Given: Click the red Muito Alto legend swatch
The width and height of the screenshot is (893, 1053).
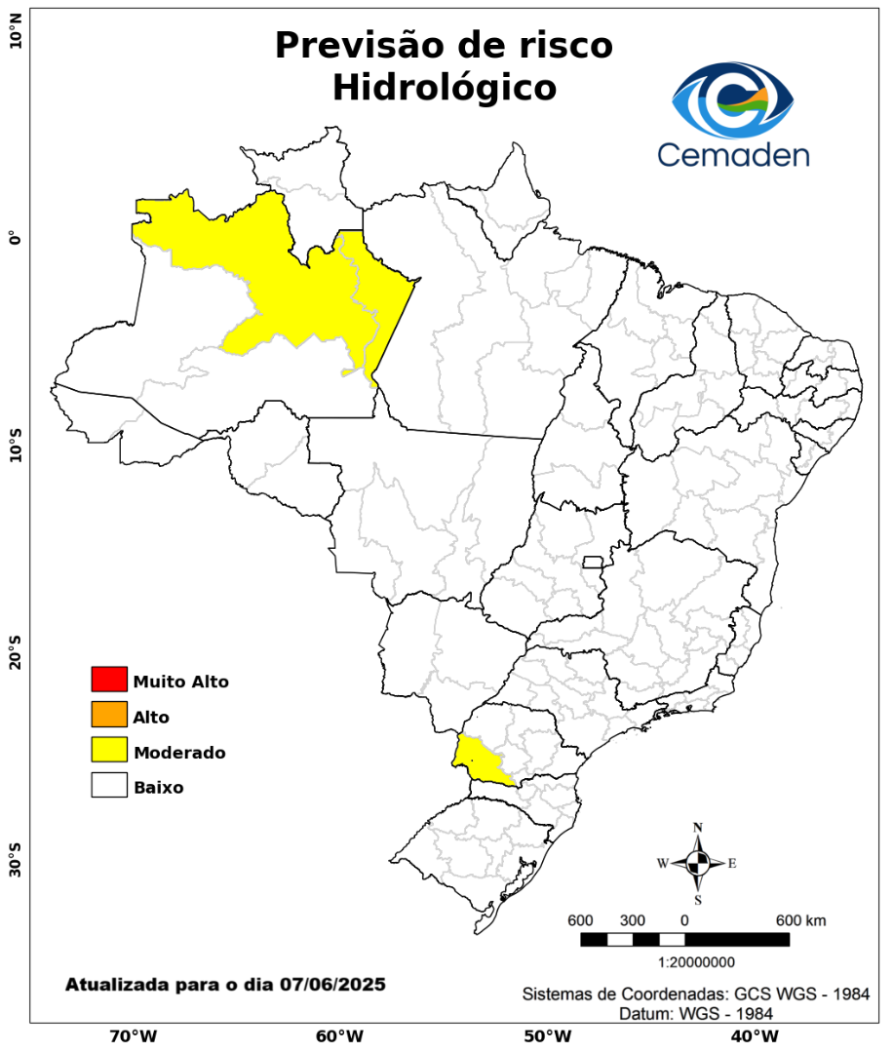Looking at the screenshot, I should coord(109,679).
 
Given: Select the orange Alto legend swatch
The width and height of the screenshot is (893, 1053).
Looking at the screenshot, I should coord(109,715).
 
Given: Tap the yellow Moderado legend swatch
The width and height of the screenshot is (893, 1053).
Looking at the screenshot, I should coord(109,750).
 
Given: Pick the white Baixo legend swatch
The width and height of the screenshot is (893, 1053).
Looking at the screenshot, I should coord(109,785).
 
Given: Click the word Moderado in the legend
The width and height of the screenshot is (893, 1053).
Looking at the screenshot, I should coord(180,753).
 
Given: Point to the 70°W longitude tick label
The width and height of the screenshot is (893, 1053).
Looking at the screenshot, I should coord(133,1035).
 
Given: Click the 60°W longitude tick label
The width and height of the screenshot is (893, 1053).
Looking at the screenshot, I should coord(339,1035).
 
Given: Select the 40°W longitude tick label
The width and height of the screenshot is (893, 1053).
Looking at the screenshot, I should coord(752,1035).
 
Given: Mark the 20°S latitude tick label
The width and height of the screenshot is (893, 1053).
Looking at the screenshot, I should coord(16,651).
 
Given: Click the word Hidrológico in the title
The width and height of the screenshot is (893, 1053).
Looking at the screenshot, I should coord(444,88).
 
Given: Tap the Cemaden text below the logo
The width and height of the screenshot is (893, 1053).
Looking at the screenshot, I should coord(733,154).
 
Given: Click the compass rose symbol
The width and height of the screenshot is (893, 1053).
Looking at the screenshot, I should coord(698,863).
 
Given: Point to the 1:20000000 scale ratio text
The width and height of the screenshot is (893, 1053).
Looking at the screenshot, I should coord(697,962).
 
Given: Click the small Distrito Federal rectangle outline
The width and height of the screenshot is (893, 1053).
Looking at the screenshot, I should coord(593,562).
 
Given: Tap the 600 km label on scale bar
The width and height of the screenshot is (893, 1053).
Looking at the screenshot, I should coord(800,920).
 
